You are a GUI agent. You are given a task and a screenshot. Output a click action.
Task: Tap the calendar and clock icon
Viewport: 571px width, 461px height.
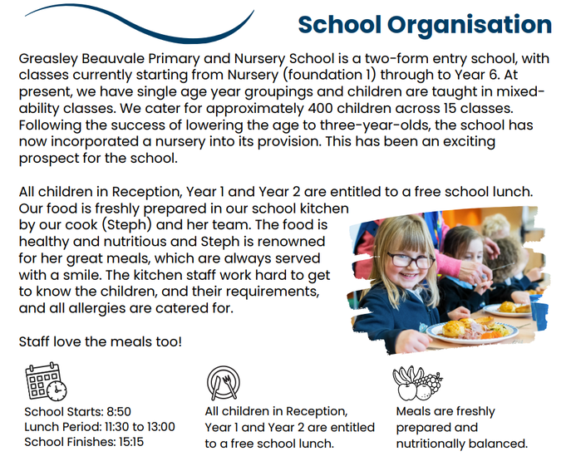click(x=46, y=381)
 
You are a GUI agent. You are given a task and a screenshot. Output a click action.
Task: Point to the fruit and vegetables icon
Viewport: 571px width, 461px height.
click(x=416, y=383)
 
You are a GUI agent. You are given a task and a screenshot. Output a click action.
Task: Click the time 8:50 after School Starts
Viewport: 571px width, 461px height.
click(x=116, y=412)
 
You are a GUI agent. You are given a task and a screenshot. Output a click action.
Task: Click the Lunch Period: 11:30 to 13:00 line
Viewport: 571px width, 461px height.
click(x=100, y=427)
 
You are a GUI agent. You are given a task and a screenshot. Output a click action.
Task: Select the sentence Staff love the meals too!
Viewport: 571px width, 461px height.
click(x=99, y=341)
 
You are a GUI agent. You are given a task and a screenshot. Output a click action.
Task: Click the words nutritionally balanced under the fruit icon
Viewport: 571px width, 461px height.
click(x=461, y=443)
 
